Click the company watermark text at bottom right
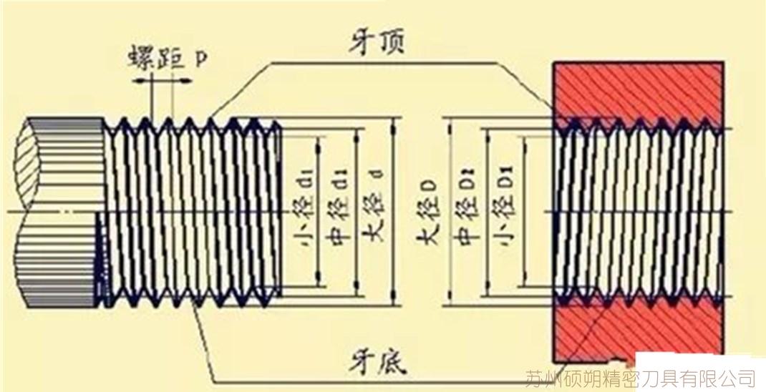(x=640, y=377)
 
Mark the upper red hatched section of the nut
(x=637, y=89)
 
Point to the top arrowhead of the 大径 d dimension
(x=392, y=124)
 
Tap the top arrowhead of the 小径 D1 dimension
(x=525, y=140)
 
